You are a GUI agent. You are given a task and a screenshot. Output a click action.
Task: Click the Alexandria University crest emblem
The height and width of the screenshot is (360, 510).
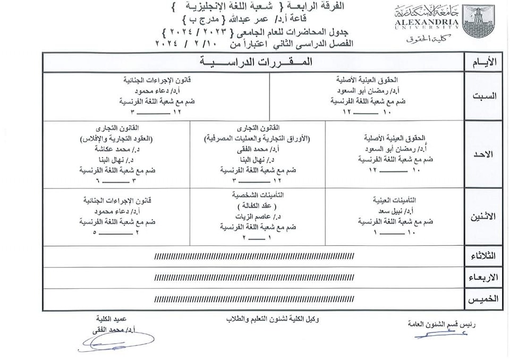pos(478,21)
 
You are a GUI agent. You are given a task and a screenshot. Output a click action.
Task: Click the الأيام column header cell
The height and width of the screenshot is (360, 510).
pos(484,63)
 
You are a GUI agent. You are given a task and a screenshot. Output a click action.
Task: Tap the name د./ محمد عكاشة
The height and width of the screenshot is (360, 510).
pos(131,150)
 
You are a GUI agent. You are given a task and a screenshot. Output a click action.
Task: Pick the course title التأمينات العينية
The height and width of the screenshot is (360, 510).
pos(395,201)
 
